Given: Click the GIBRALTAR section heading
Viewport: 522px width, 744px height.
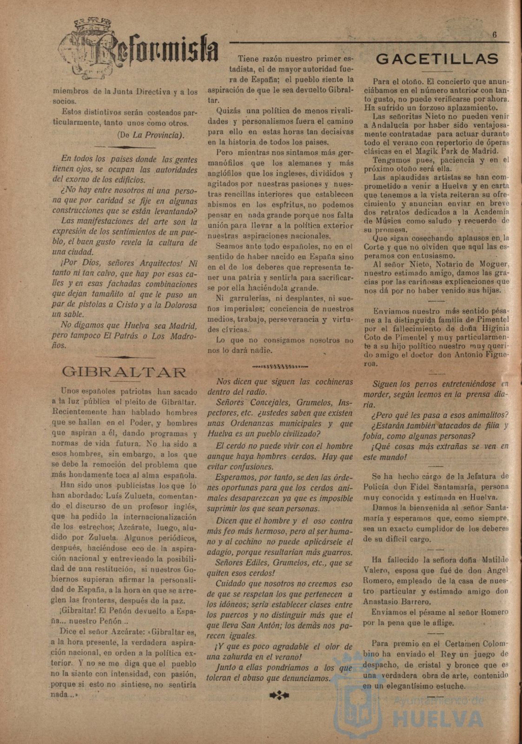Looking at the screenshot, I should [125, 372].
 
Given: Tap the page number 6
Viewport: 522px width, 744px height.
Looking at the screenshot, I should [495, 34].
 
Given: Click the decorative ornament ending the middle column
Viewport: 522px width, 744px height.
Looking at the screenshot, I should [279, 695].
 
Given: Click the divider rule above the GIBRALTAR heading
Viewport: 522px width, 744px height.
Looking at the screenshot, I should [124, 357].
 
